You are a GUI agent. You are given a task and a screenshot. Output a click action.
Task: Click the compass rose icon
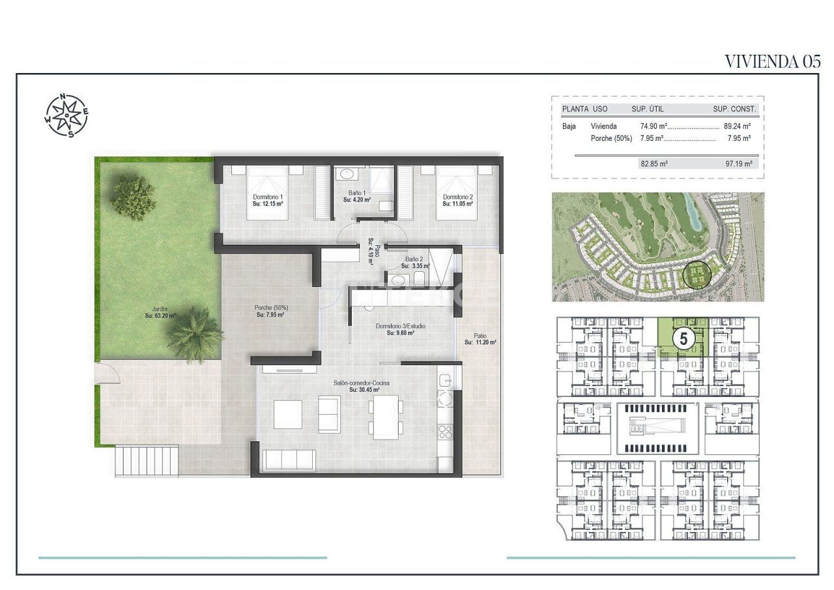[66, 116]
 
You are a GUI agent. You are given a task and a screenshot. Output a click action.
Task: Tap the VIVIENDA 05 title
[772, 61]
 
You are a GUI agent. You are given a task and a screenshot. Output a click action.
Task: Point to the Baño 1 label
[356, 196]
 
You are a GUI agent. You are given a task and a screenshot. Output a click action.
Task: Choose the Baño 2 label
[415, 263]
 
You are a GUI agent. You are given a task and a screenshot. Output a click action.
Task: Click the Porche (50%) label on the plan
[270, 311]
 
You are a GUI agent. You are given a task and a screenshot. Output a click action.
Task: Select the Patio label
[481, 339]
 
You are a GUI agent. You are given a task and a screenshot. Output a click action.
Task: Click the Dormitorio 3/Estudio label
[400, 329]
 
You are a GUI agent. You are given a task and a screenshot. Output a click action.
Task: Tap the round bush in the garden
[133, 195]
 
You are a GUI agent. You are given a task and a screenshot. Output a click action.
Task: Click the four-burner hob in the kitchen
[446, 431]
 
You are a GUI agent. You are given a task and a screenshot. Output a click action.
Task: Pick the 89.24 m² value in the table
[738, 126]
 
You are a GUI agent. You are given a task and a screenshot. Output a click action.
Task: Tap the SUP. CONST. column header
[734, 109]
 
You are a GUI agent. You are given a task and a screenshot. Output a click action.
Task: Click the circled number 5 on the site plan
[683, 339]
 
